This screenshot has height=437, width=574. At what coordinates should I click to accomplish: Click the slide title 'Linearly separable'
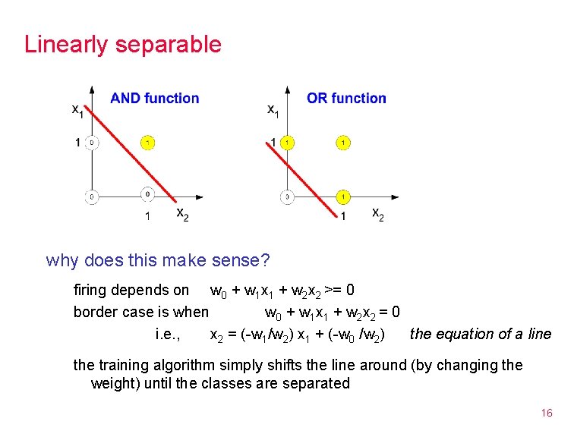[x=123, y=44]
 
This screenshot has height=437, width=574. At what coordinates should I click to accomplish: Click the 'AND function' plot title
[x=155, y=98]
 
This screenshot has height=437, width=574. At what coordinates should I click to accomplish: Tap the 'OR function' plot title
[x=346, y=98]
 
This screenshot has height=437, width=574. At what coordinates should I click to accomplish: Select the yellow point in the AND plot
[x=147, y=142]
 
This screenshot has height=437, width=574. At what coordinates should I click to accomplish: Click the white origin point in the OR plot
[x=287, y=197]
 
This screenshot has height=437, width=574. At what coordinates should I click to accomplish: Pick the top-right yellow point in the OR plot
[x=343, y=142]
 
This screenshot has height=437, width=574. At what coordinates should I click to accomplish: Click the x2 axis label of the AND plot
[x=183, y=215]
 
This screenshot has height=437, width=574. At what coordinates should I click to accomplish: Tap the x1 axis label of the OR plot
[x=273, y=111]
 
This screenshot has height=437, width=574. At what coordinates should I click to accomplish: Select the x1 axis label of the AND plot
[x=77, y=111]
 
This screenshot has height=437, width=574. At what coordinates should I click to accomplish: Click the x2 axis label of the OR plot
[x=377, y=215]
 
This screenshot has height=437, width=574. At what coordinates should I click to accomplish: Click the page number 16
[x=546, y=413]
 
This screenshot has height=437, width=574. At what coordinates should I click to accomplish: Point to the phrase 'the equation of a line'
[x=481, y=334]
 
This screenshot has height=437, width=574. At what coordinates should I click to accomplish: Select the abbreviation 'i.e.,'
[x=167, y=334]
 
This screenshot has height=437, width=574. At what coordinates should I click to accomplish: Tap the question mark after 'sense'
[x=265, y=261]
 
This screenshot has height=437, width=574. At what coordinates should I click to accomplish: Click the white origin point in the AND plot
[x=91, y=197]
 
